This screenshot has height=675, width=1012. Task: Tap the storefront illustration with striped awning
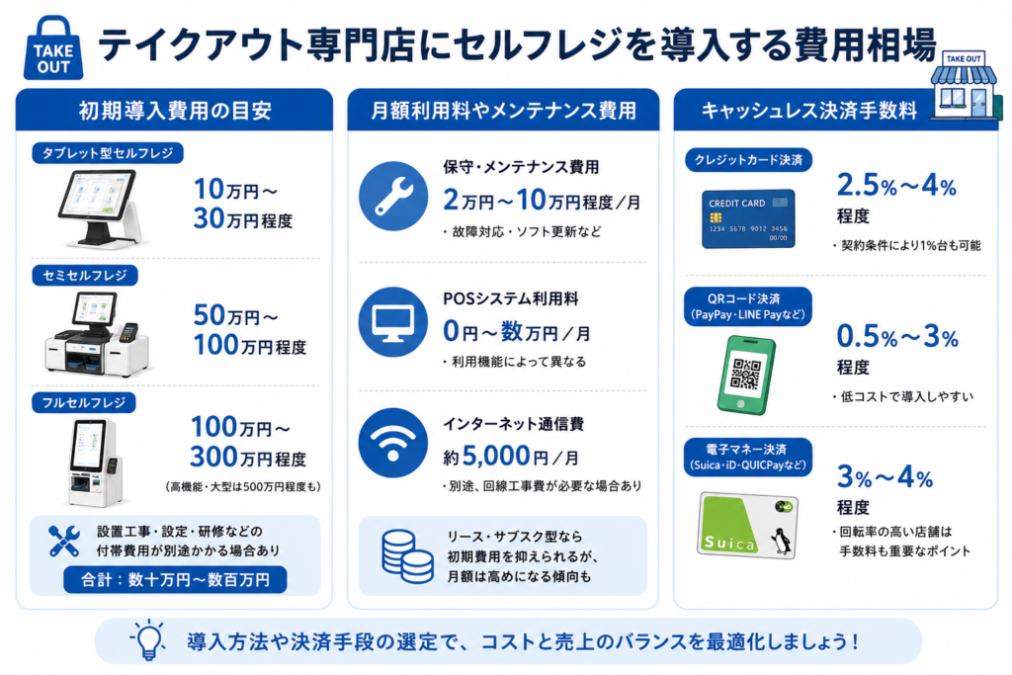(x=965, y=86)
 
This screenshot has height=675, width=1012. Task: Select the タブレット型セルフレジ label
(x=108, y=153)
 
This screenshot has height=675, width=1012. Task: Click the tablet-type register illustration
(x=99, y=209)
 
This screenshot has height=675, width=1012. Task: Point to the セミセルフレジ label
(x=85, y=276)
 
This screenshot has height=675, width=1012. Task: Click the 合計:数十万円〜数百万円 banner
(x=175, y=579)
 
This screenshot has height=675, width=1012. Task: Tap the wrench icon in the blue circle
(x=393, y=197)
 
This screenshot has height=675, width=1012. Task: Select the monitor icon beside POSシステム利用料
(x=393, y=322)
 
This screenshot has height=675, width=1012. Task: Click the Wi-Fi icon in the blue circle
(x=393, y=443)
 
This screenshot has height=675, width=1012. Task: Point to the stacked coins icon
(x=406, y=555)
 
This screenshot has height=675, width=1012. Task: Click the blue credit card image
(x=748, y=219)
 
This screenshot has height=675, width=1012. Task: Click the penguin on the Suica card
(x=782, y=541)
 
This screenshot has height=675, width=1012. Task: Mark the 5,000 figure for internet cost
(x=496, y=456)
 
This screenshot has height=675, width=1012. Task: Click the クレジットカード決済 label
(x=748, y=160)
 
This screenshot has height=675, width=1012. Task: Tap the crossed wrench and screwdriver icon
(x=64, y=541)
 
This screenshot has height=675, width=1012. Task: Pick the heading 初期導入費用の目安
(x=175, y=111)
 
